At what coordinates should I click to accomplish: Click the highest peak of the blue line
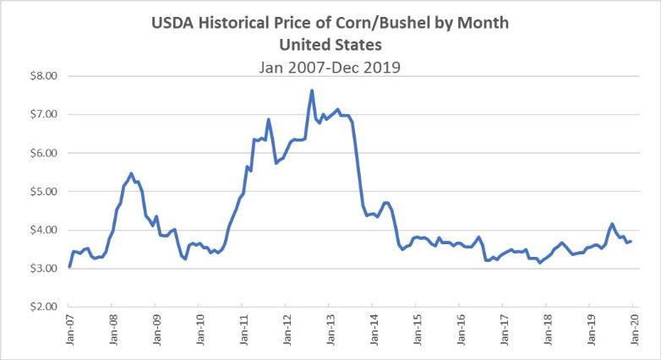312,90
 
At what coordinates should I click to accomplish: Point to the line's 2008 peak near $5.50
130,173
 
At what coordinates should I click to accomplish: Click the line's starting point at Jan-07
69,266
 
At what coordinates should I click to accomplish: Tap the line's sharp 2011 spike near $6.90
269,119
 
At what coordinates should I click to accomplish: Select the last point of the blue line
631,242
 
